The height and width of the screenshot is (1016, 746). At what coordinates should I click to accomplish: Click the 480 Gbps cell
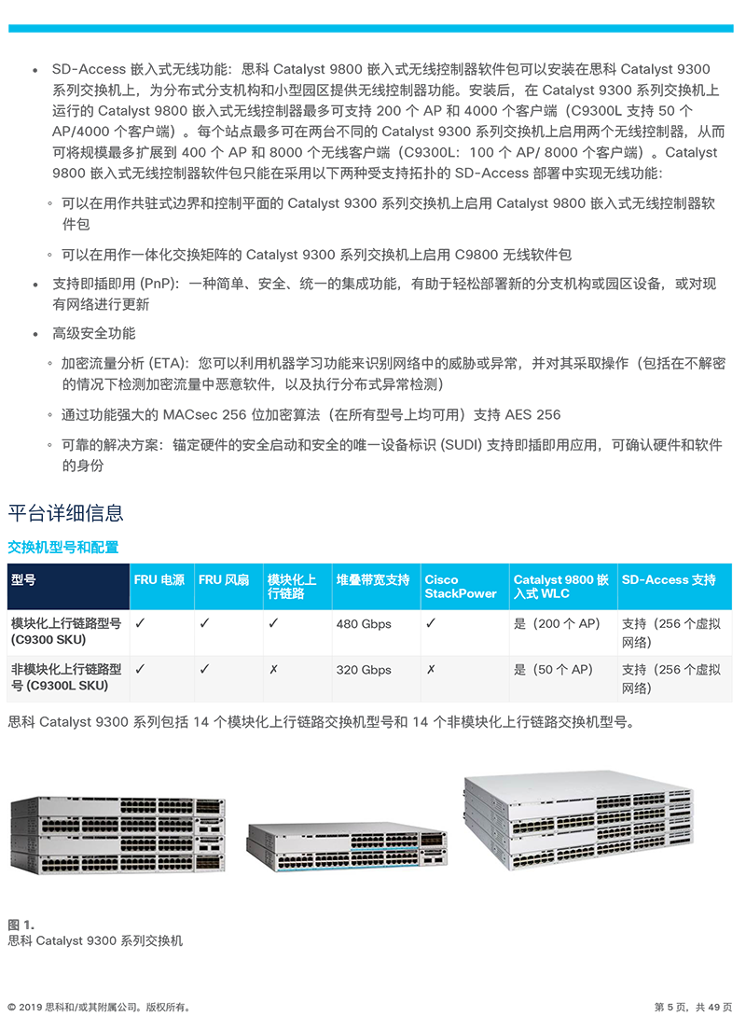[364, 624]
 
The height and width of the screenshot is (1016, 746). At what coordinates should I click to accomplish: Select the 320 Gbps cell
[364, 670]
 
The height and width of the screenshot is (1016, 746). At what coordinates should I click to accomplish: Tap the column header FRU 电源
[159, 580]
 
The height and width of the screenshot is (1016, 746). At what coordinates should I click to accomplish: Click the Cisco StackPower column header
[461, 587]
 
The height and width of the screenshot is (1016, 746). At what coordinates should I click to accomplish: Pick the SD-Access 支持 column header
[669, 580]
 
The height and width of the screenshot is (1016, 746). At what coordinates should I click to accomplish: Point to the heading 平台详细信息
[65, 513]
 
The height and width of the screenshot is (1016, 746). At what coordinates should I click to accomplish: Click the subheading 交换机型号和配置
[63, 548]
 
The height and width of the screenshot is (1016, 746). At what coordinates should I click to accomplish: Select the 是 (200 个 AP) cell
[557, 624]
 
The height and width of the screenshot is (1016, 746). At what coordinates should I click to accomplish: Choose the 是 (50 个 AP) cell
[553, 670]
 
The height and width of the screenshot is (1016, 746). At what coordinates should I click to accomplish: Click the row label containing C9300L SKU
[66, 677]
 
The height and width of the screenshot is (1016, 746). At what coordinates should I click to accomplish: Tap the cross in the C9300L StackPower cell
[431, 669]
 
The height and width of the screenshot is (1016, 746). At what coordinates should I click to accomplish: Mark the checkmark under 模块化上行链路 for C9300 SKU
[273, 622]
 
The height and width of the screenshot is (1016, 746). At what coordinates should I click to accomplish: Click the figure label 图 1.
[21, 925]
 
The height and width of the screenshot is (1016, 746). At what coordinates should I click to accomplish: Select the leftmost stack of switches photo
[117, 835]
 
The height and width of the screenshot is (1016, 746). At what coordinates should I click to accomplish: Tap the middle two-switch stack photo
[347, 846]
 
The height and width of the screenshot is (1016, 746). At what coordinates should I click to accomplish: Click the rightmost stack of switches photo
[578, 820]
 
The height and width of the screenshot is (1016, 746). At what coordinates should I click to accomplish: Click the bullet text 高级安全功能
[94, 334]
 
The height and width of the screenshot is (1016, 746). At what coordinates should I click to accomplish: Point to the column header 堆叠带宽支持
[373, 580]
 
